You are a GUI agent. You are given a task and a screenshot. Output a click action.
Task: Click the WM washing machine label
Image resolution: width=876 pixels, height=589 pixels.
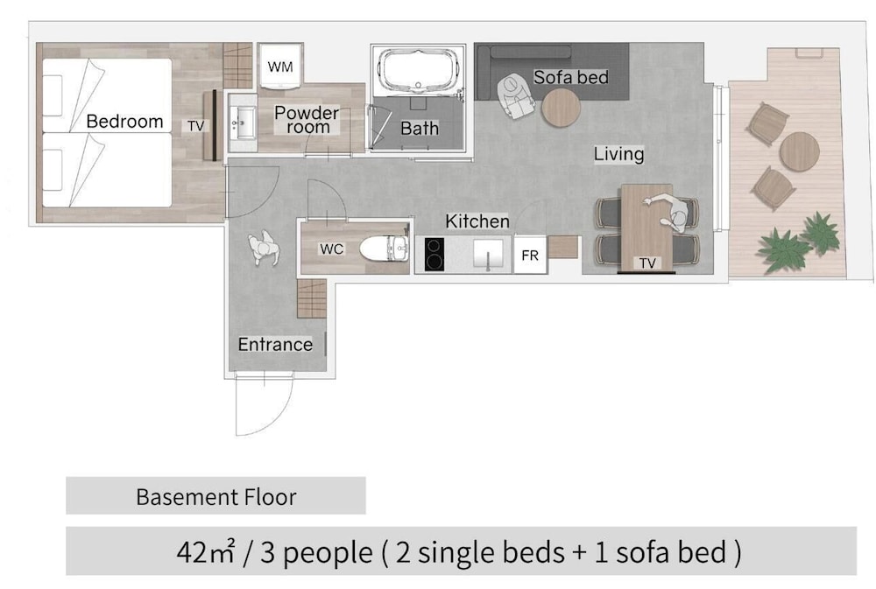[280, 67]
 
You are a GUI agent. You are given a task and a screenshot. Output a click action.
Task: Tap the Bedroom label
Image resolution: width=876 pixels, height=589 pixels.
[124, 121]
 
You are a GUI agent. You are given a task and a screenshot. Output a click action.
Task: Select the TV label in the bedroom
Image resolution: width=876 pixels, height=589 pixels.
[195, 126]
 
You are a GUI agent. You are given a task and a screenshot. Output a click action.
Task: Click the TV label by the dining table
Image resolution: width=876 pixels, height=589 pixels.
[647, 263]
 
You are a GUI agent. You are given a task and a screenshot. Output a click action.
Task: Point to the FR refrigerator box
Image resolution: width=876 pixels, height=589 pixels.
[530, 256]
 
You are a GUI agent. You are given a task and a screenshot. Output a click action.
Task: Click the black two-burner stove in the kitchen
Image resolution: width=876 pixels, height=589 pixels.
[434, 255]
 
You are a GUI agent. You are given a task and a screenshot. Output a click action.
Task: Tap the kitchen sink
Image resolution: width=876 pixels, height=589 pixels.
[488, 255]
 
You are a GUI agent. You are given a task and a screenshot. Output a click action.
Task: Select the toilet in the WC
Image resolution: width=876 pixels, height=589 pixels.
[385, 249]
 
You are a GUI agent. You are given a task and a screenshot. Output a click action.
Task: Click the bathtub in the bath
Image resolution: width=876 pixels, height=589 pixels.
[418, 70]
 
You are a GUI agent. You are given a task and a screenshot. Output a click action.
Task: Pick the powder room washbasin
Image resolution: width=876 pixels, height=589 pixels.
[243, 123]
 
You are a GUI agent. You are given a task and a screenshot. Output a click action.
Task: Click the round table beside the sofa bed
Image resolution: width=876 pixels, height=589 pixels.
[561, 108]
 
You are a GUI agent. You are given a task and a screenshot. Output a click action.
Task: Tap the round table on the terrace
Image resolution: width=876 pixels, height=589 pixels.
[800, 151]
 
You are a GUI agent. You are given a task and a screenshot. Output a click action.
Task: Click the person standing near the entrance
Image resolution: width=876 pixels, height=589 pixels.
[264, 248]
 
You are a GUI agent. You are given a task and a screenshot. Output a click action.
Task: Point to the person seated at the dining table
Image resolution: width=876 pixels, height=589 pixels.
[672, 213]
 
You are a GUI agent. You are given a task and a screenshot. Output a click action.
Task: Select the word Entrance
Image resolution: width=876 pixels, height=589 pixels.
[275, 345]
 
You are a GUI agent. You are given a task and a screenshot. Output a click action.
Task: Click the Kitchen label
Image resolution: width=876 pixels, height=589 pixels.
[477, 221]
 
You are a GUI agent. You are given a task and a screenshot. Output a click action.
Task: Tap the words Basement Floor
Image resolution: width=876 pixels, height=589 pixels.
[216, 497]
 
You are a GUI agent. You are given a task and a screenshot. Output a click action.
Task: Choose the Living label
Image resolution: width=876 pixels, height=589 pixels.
[618, 155]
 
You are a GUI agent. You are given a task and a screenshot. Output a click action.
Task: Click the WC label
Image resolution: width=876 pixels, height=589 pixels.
[331, 249]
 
